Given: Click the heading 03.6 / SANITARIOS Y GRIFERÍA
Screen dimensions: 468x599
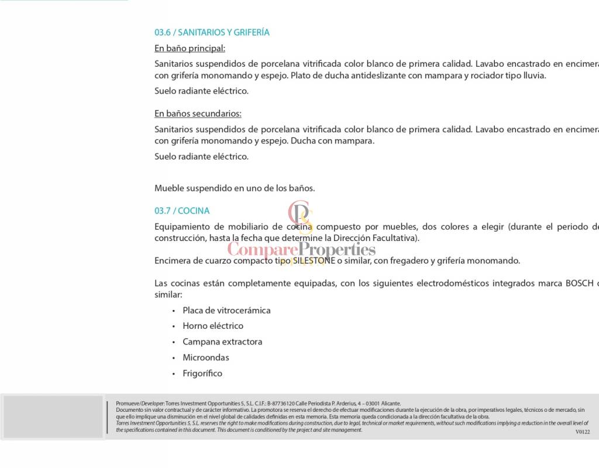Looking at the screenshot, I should click(x=212, y=33).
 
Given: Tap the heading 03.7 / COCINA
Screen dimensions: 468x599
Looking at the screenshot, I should click(x=182, y=211).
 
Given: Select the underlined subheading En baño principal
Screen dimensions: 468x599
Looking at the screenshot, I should click(x=190, y=49).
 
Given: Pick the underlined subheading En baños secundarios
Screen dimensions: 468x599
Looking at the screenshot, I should click(x=198, y=113).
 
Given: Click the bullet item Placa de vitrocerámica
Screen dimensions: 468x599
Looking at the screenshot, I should click(x=226, y=311).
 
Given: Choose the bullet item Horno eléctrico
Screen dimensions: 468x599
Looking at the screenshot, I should click(x=213, y=326).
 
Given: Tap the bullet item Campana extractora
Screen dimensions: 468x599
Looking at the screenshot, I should click(x=222, y=342).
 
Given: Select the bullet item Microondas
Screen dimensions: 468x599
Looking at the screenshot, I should click(x=206, y=357).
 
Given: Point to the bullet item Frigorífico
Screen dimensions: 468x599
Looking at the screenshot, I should click(x=202, y=373).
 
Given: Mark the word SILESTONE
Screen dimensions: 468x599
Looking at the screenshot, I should click(x=314, y=261).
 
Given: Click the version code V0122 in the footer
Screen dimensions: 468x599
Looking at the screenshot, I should click(x=583, y=432).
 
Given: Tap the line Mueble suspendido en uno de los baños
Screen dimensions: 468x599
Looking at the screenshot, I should click(x=235, y=188).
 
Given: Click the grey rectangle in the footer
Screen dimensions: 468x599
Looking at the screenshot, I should click(x=53, y=417).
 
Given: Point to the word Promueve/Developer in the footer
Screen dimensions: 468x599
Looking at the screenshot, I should click(x=140, y=404).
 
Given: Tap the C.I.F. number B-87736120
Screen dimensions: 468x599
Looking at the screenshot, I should click(x=277, y=404).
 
